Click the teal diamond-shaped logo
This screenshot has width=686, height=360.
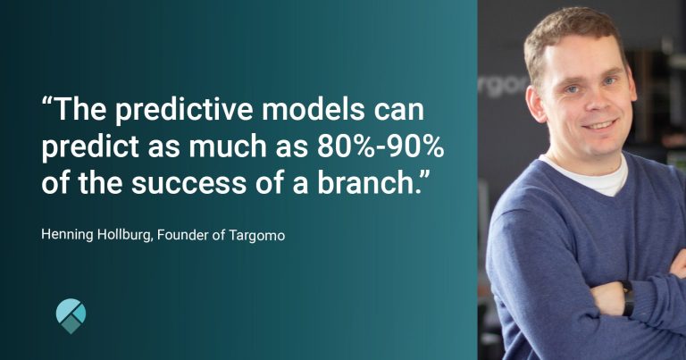71,315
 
